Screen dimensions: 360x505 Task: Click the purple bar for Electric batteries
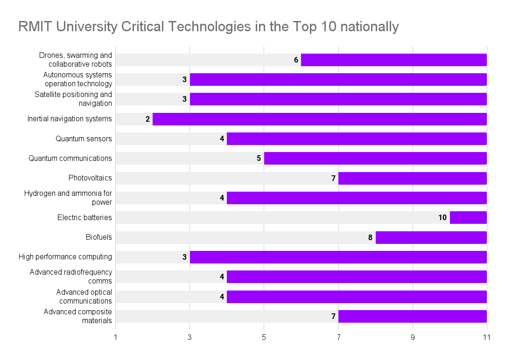click(x=468, y=217)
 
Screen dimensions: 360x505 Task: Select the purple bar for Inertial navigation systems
click(x=319, y=119)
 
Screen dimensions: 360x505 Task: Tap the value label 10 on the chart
click(x=442, y=217)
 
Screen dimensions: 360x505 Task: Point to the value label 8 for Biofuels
click(x=370, y=237)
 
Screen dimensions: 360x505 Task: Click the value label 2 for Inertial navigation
click(x=147, y=119)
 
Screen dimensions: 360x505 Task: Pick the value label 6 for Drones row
click(x=296, y=60)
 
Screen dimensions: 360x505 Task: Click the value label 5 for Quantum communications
click(x=259, y=158)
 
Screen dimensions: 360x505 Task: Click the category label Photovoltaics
click(x=90, y=178)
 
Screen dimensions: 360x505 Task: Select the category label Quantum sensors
click(x=84, y=138)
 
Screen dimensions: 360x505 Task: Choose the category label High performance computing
click(x=65, y=256)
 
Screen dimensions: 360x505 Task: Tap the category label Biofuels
click(x=99, y=237)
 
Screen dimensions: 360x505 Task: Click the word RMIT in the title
click(x=34, y=27)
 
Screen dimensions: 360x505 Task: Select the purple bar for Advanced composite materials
click(x=412, y=316)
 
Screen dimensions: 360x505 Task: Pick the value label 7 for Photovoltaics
click(x=333, y=178)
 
